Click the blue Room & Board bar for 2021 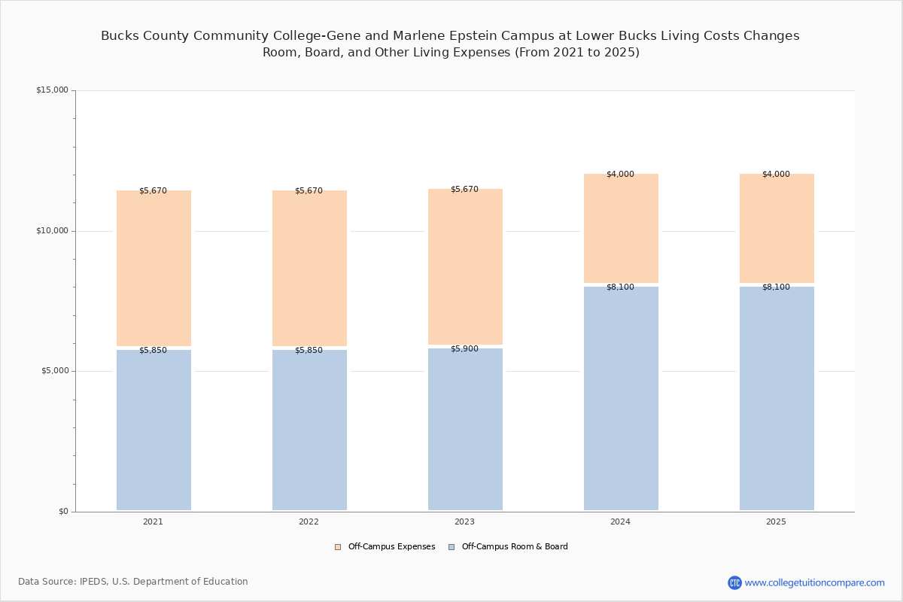pos(154,430)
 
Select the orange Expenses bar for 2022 pos(309,268)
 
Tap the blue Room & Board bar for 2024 pos(621,398)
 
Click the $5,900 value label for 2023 pos(464,348)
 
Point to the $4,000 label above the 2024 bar pos(620,174)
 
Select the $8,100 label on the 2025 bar pos(776,287)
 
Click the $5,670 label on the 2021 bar pos(153,190)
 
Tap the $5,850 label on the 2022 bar pos(309,350)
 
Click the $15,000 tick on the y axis pos(52,90)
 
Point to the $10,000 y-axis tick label pos(52,231)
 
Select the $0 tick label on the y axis pos(63,512)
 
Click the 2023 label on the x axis pos(464,521)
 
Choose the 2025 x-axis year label pos(776,521)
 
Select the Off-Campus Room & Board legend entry pos(515,547)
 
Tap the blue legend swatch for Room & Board pos(451,547)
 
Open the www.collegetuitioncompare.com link pos(814,582)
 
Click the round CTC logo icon pos(734,582)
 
